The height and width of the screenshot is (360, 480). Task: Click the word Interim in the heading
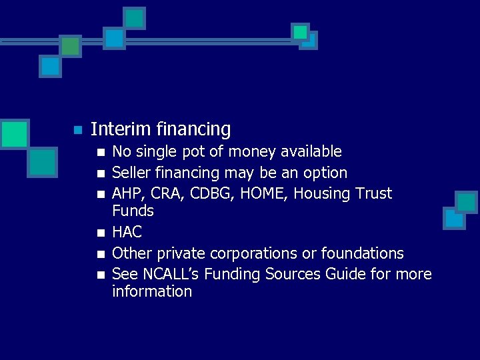click(114, 129)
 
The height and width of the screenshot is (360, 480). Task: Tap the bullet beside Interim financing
click(77, 129)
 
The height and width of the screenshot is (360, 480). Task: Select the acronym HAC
click(127, 232)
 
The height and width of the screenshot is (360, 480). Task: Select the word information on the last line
click(152, 291)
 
